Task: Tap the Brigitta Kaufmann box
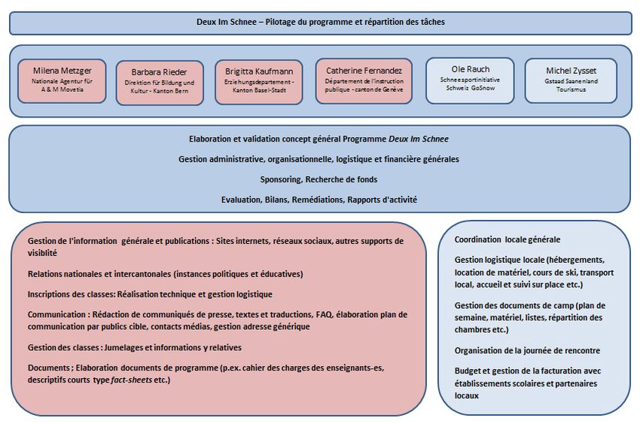(x=258, y=81)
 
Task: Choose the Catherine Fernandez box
(x=364, y=80)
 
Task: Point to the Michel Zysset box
(x=570, y=80)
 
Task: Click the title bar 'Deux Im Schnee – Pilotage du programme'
(x=320, y=23)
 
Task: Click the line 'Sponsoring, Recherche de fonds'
(x=318, y=179)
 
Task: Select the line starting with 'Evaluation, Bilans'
(x=318, y=200)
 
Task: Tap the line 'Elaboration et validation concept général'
(x=318, y=139)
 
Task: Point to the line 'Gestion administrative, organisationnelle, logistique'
(x=318, y=160)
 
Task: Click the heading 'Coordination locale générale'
(x=507, y=239)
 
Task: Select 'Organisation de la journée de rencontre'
(x=527, y=350)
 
